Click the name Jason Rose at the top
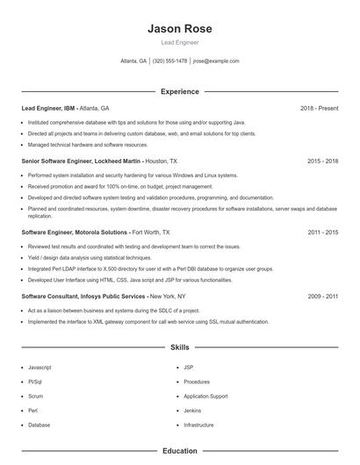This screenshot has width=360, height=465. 180,29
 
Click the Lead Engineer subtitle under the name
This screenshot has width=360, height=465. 180,42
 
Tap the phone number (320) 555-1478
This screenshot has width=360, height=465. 169,61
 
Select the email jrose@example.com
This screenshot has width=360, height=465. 216,61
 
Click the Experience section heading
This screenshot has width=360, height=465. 180,91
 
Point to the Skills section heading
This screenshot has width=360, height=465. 180,347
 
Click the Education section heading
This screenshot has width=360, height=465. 180,451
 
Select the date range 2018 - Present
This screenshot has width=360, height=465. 319,108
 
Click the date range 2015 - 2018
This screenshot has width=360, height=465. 322,161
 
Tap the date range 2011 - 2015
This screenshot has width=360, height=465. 322,232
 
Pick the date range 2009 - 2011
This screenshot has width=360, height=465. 322,297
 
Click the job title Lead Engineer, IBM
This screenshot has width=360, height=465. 49,108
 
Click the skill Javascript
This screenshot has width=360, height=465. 40,368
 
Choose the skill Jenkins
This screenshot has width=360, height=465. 192,411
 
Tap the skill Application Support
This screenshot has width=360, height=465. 205,397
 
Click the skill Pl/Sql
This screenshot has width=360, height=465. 36,382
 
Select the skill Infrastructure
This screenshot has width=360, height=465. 198,425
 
